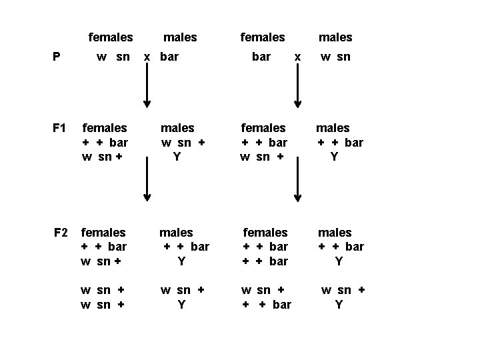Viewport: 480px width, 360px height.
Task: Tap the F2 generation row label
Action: pyautogui.click(x=61, y=232)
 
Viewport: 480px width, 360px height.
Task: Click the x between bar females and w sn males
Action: pyautogui.click(x=298, y=57)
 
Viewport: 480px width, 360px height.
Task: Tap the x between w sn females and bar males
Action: pyautogui.click(x=148, y=57)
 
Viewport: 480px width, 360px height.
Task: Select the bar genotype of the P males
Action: pyautogui.click(x=169, y=57)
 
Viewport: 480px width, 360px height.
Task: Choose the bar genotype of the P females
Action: pyautogui.click(x=261, y=57)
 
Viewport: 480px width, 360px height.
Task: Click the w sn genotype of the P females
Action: pyautogui.click(x=113, y=57)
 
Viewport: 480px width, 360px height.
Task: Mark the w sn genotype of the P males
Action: pyautogui.click(x=335, y=57)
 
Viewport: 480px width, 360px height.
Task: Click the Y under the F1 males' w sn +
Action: pyautogui.click(x=177, y=157)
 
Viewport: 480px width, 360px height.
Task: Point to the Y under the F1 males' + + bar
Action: pyautogui.click(x=335, y=157)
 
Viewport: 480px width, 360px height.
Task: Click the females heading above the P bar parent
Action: pyautogui.click(x=263, y=37)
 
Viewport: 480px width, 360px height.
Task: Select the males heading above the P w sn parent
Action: pyautogui.click(x=335, y=37)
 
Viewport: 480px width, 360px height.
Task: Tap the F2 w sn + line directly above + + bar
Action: pyautogui.click(x=263, y=290)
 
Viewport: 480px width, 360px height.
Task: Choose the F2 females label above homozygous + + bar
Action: pyautogui.click(x=265, y=232)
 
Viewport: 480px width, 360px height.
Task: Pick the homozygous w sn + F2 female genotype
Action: pyautogui.click(x=103, y=297)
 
